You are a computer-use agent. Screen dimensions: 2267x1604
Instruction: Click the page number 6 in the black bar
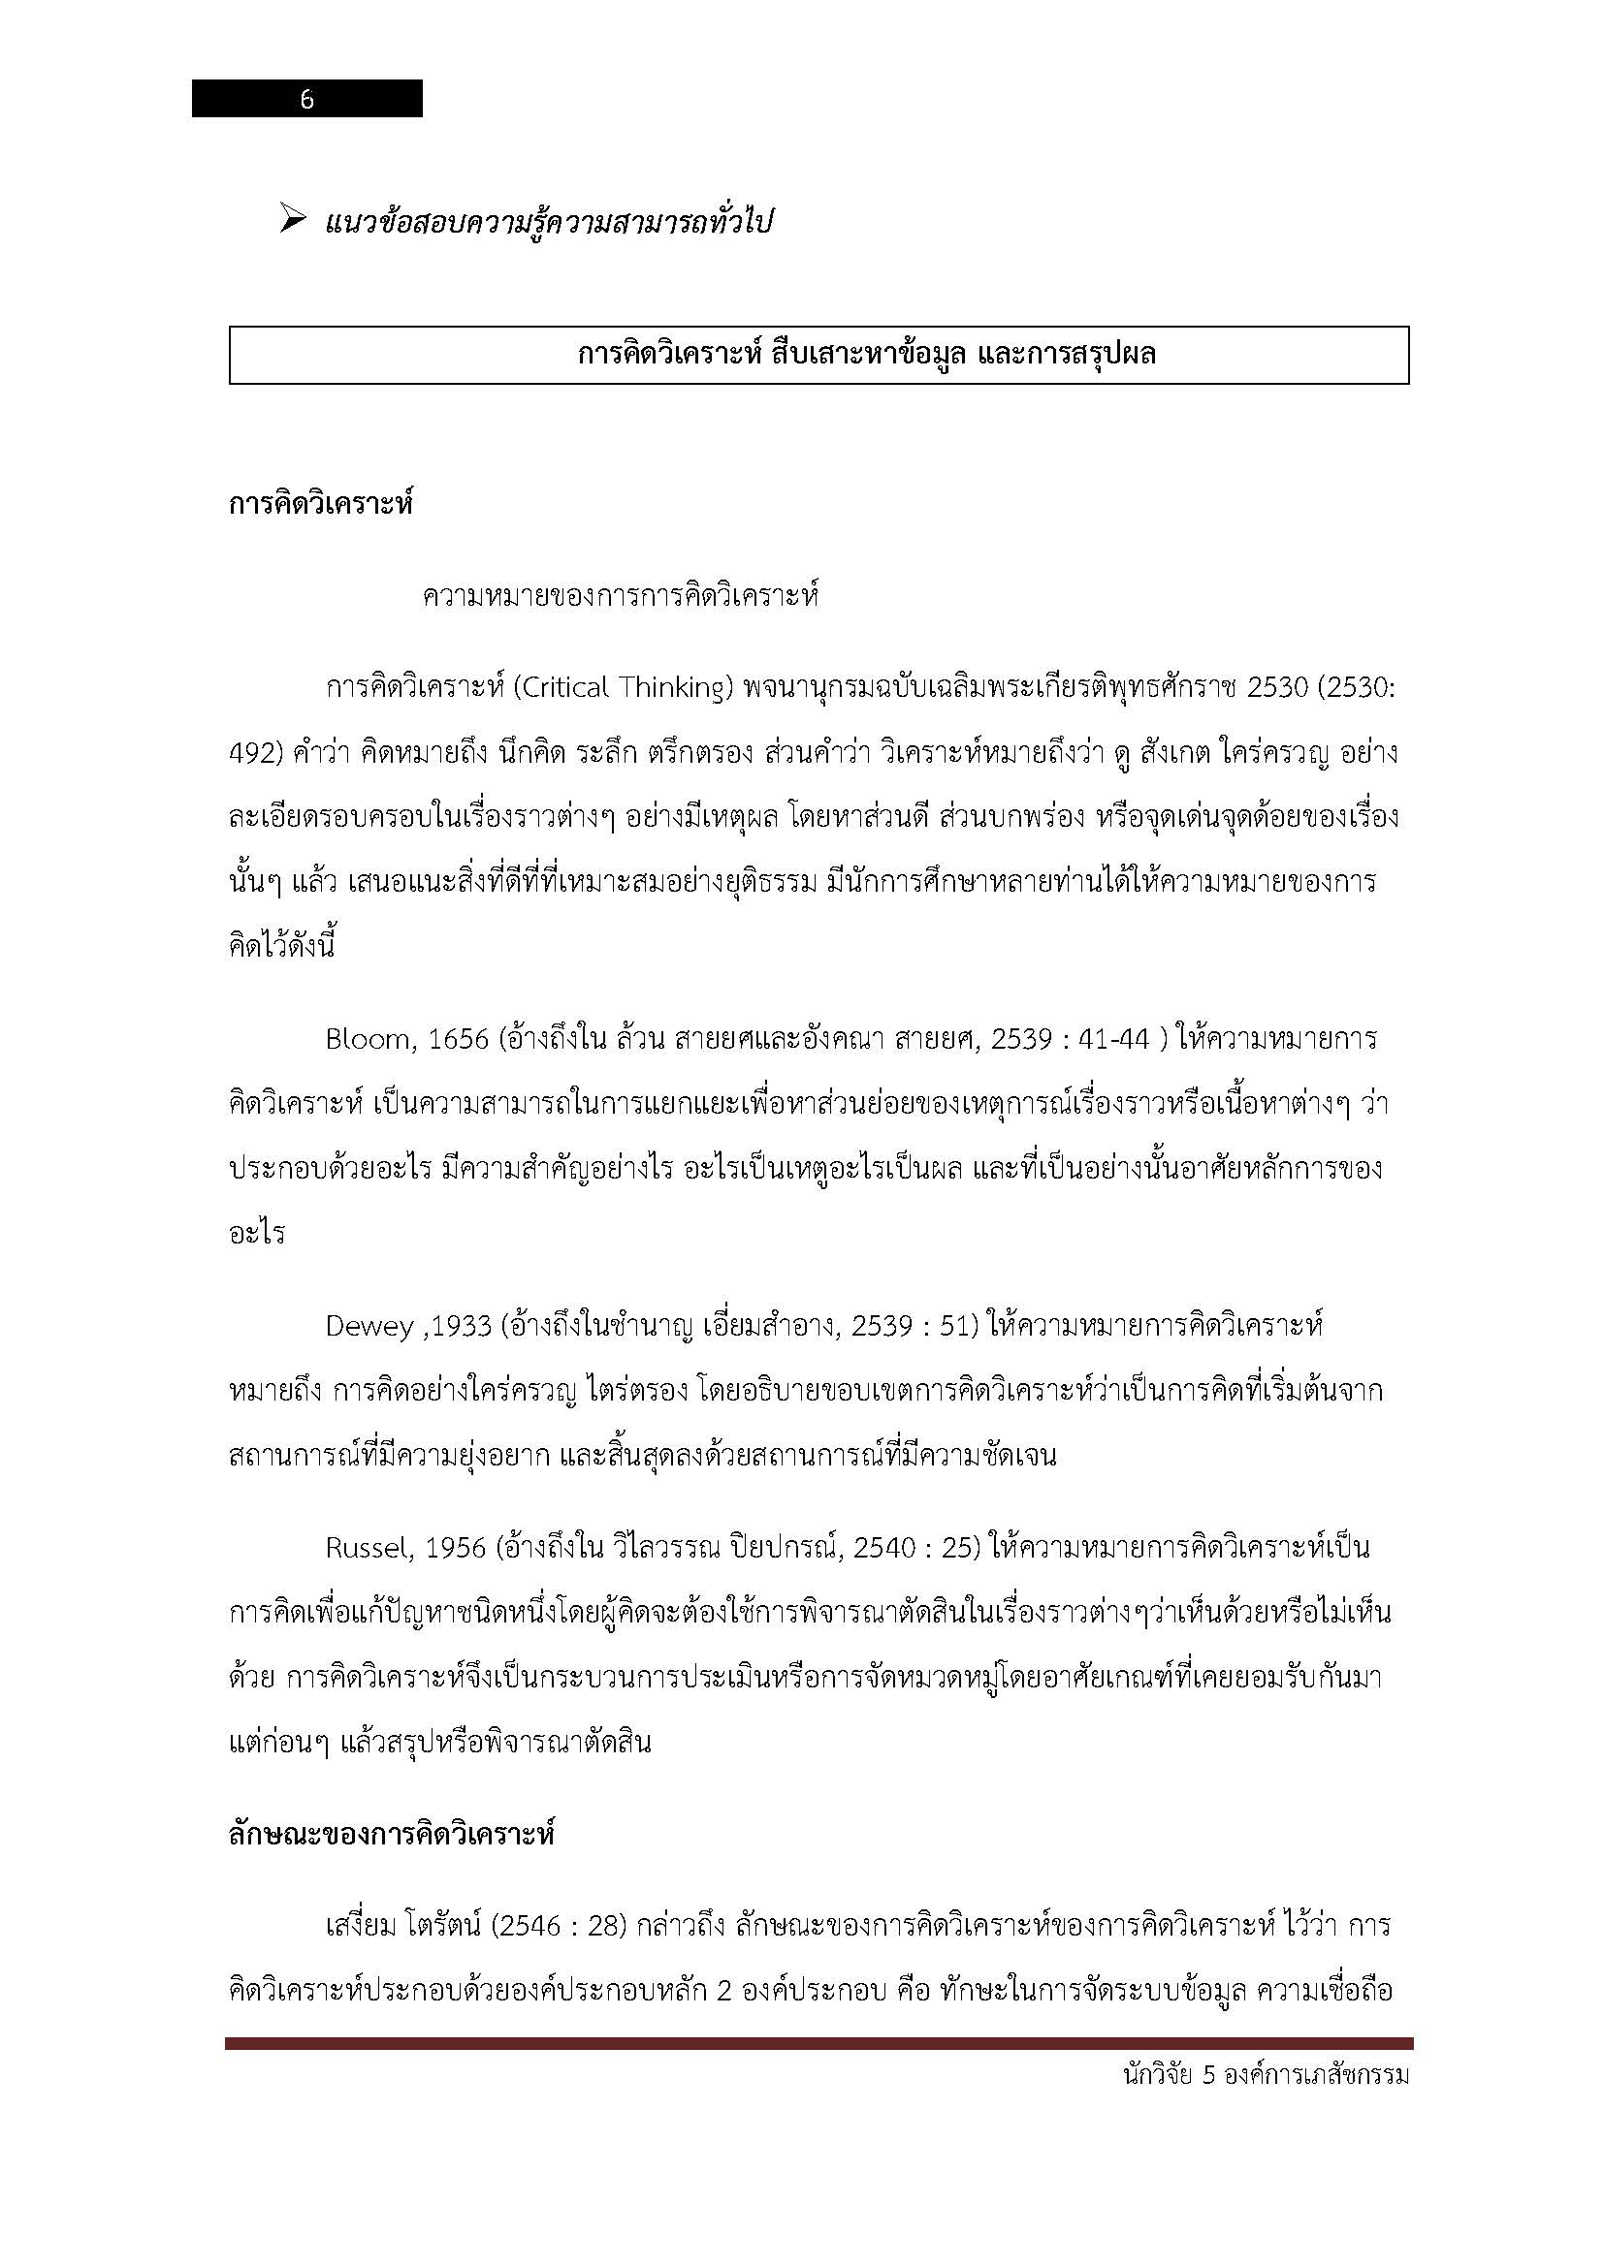(306, 100)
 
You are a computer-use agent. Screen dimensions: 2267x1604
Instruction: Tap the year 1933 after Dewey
(462, 1326)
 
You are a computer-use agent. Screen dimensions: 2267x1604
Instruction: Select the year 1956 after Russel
(457, 1548)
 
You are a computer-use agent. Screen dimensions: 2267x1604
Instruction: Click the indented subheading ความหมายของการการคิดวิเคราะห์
(620, 597)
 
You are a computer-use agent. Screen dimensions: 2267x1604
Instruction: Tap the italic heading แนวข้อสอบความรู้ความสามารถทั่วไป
(548, 222)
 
